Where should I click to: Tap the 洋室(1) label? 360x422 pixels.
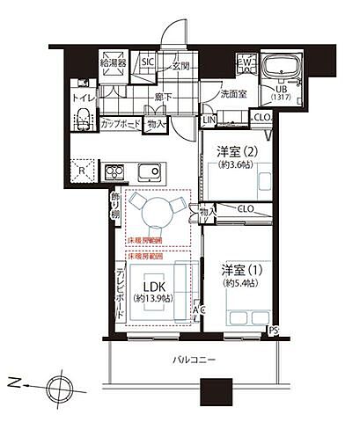click(x=239, y=268)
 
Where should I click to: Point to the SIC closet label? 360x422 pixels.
click(x=149, y=62)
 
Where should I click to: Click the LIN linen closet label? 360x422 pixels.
click(x=209, y=120)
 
